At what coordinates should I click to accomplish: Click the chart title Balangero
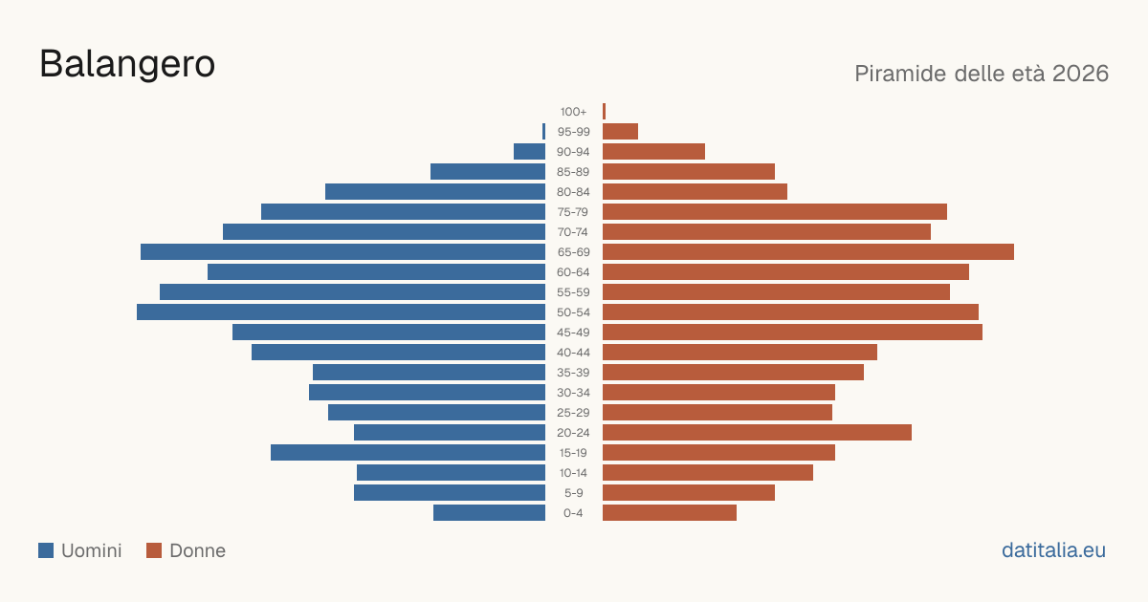(x=127, y=64)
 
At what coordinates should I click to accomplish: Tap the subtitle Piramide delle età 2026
(x=982, y=74)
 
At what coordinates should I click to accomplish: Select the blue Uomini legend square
(x=46, y=550)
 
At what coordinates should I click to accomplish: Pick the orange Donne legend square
(x=154, y=550)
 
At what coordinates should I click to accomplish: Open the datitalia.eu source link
(x=1053, y=550)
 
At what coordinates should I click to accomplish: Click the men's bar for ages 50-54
(x=341, y=312)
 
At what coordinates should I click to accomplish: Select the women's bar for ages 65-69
(x=808, y=252)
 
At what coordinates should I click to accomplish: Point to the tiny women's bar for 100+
(x=605, y=112)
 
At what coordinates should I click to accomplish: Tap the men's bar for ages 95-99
(x=543, y=132)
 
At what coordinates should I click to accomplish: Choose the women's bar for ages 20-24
(x=757, y=433)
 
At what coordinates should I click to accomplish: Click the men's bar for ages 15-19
(x=408, y=453)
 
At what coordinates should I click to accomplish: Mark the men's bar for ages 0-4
(x=490, y=513)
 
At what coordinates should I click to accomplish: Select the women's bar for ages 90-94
(x=654, y=152)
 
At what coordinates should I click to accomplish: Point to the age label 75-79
(x=573, y=212)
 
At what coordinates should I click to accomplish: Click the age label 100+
(x=573, y=112)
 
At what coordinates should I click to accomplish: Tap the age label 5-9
(x=573, y=493)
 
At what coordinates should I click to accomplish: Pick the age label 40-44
(x=573, y=353)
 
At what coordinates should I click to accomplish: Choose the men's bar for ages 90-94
(x=529, y=152)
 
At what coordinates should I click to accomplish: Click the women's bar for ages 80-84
(x=695, y=192)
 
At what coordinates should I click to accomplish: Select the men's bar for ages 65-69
(x=342, y=252)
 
